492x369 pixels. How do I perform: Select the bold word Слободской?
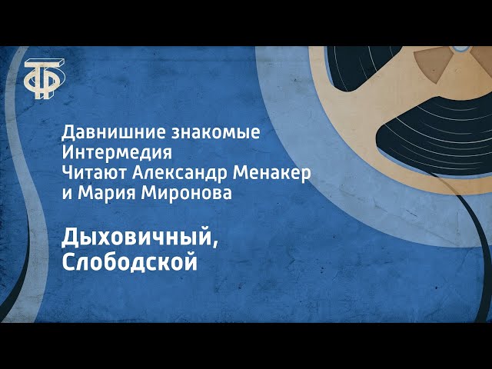(x=128, y=262)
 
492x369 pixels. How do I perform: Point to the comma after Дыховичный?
(x=214, y=244)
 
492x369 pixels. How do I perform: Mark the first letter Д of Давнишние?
(x=67, y=132)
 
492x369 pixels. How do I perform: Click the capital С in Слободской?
(x=68, y=262)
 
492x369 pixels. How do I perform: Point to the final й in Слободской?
(x=190, y=262)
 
